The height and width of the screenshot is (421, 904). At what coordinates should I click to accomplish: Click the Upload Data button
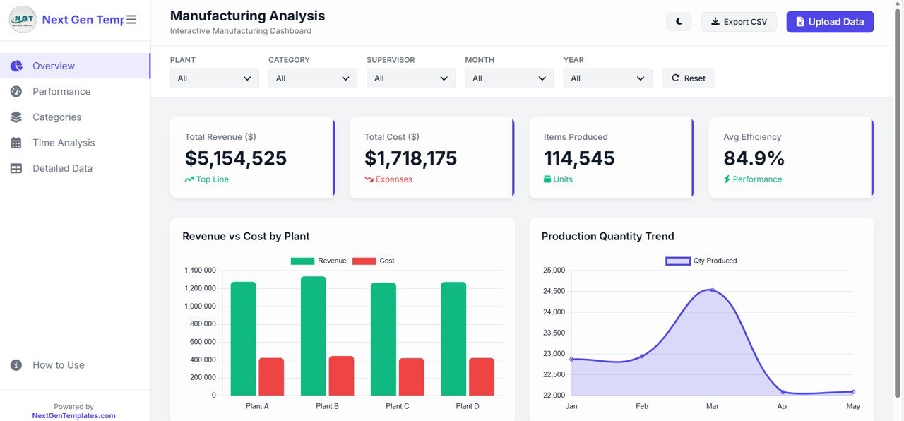(x=830, y=22)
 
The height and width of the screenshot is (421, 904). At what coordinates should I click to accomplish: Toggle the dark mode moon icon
(x=679, y=22)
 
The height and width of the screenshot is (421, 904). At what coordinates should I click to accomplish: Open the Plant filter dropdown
(x=214, y=78)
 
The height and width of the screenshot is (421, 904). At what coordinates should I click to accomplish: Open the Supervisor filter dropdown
(x=410, y=78)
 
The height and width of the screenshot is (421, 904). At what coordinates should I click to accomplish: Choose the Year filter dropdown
(x=607, y=78)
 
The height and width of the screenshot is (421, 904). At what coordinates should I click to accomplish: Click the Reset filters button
(x=688, y=78)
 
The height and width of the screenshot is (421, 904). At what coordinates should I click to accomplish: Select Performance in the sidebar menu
(x=61, y=92)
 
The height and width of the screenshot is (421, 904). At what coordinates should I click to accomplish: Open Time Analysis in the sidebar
(x=64, y=143)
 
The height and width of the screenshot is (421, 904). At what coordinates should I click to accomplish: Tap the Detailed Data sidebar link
(x=62, y=168)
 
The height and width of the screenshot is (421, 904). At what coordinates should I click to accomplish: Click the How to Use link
(x=58, y=365)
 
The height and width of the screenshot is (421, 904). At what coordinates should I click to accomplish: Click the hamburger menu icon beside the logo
(x=131, y=20)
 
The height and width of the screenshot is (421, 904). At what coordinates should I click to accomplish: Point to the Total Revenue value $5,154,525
(x=236, y=158)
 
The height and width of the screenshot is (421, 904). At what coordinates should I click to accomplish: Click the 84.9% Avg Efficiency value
(x=754, y=158)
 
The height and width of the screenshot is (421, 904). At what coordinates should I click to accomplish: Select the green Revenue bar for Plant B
(x=314, y=336)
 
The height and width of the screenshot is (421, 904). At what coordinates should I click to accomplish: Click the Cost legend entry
(x=374, y=261)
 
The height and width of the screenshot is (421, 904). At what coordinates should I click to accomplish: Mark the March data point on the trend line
(x=712, y=290)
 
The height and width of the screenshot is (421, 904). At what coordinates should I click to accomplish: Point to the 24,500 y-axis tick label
(x=553, y=291)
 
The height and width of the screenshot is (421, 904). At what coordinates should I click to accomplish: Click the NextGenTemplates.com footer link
(x=73, y=416)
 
